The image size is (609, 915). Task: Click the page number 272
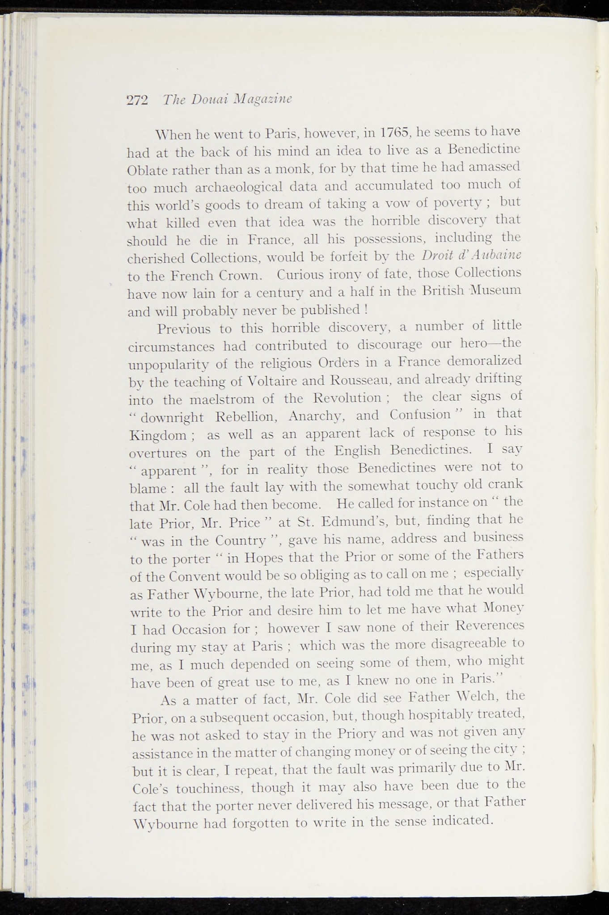[137, 99]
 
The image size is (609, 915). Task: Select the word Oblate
[147, 170]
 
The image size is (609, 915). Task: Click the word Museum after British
[495, 290]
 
